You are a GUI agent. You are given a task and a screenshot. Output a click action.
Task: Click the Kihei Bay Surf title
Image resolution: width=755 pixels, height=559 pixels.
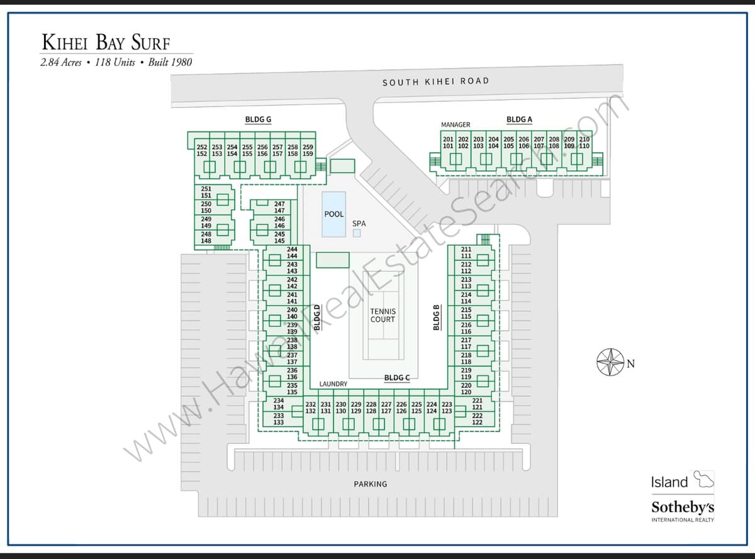[106, 42]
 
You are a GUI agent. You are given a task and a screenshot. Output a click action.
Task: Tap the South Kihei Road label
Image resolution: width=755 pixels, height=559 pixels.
[436, 82]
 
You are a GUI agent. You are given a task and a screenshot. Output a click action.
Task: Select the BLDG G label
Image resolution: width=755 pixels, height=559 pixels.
[258, 119]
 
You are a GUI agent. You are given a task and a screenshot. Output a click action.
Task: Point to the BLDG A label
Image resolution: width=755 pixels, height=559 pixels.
[519, 119]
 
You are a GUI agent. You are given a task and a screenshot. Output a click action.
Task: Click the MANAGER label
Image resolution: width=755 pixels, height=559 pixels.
[456, 125]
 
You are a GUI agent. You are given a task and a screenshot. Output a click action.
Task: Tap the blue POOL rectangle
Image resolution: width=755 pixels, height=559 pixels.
[334, 214]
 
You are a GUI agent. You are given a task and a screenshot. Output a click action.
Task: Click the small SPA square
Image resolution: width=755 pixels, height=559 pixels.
[357, 233]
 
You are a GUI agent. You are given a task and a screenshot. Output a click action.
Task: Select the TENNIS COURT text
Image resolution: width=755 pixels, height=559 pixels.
[383, 316]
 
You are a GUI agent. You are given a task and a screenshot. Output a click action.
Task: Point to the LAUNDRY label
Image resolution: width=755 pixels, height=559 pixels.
[333, 384]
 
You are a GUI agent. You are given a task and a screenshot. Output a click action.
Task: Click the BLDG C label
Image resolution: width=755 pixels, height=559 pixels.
[397, 378]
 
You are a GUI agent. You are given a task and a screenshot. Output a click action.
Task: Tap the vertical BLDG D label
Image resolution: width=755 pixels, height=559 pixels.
[317, 318]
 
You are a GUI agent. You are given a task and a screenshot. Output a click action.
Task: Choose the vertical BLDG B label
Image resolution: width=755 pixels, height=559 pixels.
[437, 318]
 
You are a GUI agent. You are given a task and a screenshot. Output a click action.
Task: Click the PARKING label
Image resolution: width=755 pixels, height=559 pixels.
[371, 484]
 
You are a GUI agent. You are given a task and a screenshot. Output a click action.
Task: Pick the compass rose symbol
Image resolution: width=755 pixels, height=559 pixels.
[611, 362]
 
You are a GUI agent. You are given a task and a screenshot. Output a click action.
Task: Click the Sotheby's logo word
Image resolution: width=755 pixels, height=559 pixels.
[683, 507]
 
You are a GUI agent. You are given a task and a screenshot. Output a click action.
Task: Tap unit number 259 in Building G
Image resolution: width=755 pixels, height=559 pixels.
[308, 147]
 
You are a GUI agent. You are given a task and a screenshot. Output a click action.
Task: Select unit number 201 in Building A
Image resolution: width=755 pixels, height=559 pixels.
[448, 140]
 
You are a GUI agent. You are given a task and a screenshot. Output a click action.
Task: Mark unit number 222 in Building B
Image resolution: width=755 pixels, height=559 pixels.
[478, 416]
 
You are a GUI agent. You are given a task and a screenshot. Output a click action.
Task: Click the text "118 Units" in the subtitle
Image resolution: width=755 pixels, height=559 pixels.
[115, 63]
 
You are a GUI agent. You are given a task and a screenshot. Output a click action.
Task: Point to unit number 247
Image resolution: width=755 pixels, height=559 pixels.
[279, 204]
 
